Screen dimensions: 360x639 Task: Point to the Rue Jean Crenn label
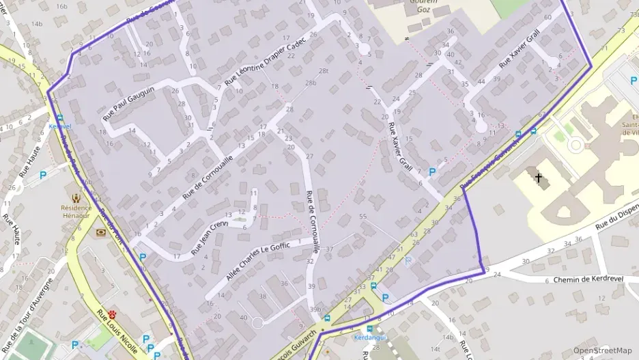click(210, 234)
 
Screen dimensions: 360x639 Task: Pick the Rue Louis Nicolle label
click(117, 332)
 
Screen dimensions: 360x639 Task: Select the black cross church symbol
click(539, 178)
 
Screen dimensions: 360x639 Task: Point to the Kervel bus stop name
click(61, 127)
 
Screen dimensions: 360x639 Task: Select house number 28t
click(323, 70)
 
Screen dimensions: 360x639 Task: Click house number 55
click(363, 217)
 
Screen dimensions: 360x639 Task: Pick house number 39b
click(315, 309)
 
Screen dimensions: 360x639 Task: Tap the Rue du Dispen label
click(616, 219)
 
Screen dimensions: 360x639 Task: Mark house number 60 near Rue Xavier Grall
click(548, 17)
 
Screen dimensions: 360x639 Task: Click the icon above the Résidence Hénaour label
click(75, 197)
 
